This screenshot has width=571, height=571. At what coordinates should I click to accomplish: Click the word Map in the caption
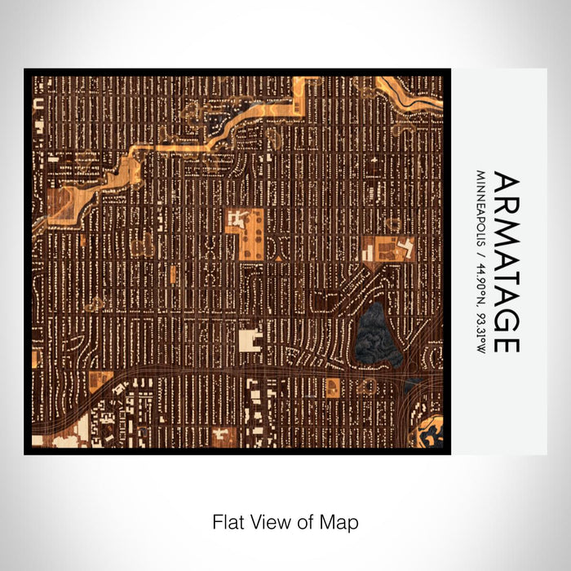342,520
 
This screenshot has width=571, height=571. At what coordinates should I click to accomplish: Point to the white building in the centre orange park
237,219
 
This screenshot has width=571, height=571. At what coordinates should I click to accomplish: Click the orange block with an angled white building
388,248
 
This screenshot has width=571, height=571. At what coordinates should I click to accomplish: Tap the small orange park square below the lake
333,386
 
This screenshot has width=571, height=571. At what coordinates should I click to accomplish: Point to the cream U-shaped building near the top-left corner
38,104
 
